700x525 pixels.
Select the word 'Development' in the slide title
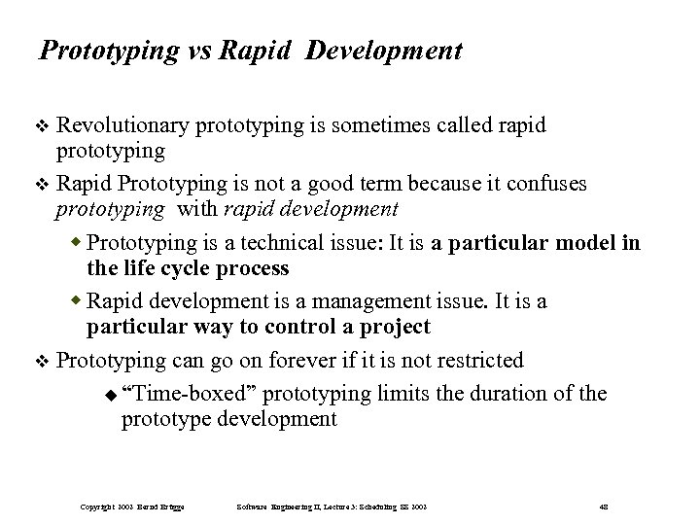pos(383,52)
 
